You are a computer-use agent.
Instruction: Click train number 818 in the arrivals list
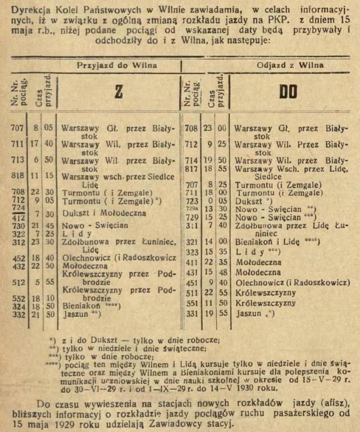(x=17, y=175)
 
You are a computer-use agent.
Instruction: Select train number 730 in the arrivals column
(x=17, y=225)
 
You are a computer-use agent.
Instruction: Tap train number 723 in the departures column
(x=189, y=201)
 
